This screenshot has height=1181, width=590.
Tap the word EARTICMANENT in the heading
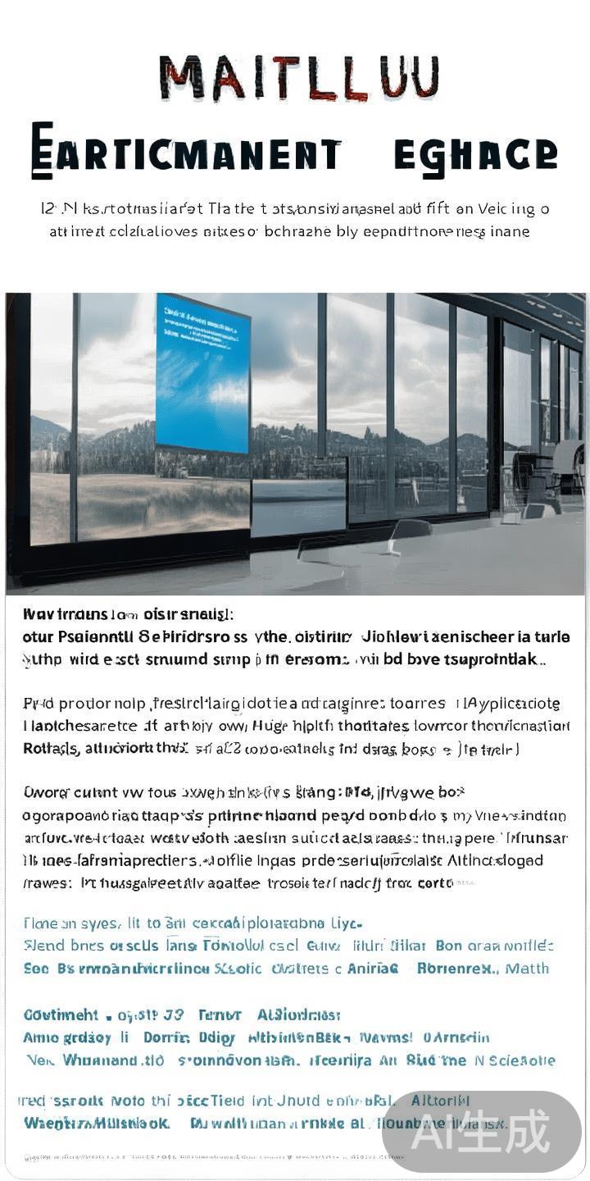(x=185, y=153)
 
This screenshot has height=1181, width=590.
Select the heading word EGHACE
(x=474, y=153)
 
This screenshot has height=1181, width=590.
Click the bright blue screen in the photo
(x=202, y=373)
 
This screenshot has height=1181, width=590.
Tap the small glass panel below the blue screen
(x=298, y=507)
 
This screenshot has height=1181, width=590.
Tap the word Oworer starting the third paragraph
(x=46, y=793)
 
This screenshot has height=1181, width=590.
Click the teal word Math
(x=527, y=969)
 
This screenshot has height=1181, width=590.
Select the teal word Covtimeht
(x=61, y=1015)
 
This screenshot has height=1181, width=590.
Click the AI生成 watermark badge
(x=481, y=1133)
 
